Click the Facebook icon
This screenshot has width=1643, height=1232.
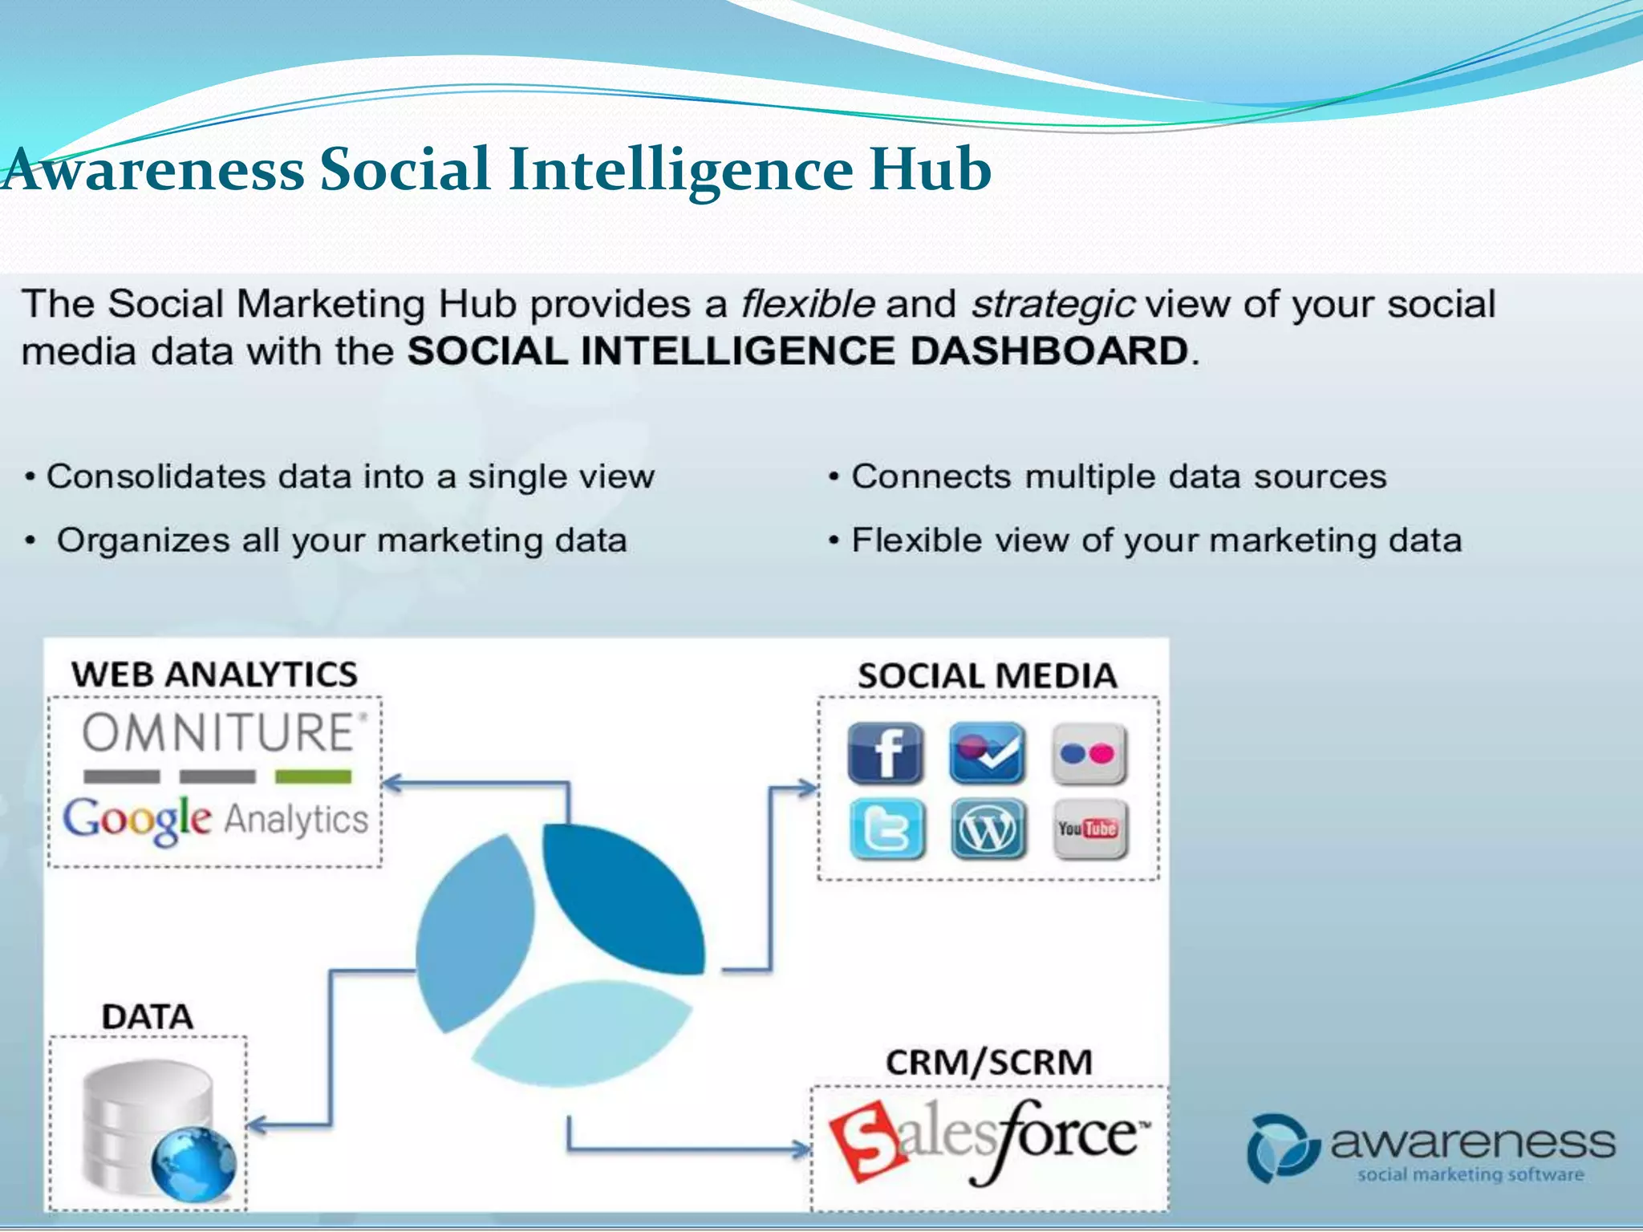click(885, 753)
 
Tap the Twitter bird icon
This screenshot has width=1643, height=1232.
click(886, 829)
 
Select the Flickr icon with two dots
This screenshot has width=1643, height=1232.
click(1089, 754)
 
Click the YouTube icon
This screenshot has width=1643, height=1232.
click(1089, 829)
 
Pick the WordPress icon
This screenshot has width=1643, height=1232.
click(988, 829)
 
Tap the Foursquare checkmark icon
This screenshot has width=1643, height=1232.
click(987, 753)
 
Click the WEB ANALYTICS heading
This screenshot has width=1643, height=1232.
click(214, 674)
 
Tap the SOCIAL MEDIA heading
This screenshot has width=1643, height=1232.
click(987, 675)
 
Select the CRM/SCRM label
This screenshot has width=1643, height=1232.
click(988, 1063)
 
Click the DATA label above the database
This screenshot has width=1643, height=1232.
click(148, 1017)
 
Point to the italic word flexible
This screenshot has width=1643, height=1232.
click(807, 304)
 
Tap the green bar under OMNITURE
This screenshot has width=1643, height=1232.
click(313, 776)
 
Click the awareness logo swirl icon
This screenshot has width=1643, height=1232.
click(1281, 1148)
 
